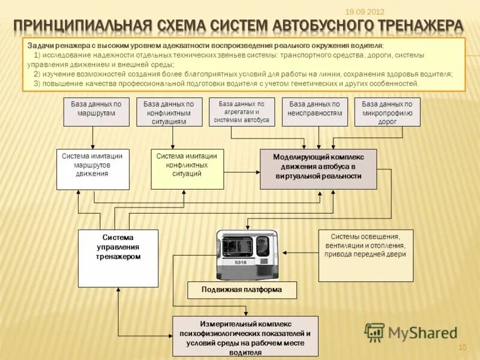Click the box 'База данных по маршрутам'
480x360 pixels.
click(x=96, y=112)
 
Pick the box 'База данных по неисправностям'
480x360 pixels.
click(x=315, y=112)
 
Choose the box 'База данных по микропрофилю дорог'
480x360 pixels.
click(x=388, y=112)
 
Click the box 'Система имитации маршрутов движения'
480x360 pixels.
click(x=92, y=169)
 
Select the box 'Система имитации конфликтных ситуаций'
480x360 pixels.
click(x=187, y=169)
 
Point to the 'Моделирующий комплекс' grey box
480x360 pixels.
click(x=318, y=169)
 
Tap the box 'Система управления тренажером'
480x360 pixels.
click(x=118, y=250)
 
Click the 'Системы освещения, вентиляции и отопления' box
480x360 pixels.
click(x=365, y=255)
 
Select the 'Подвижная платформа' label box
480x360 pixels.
click(x=242, y=290)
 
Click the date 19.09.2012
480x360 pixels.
click(x=365, y=12)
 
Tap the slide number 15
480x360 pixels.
click(x=462, y=347)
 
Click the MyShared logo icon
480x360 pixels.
click(x=374, y=332)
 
